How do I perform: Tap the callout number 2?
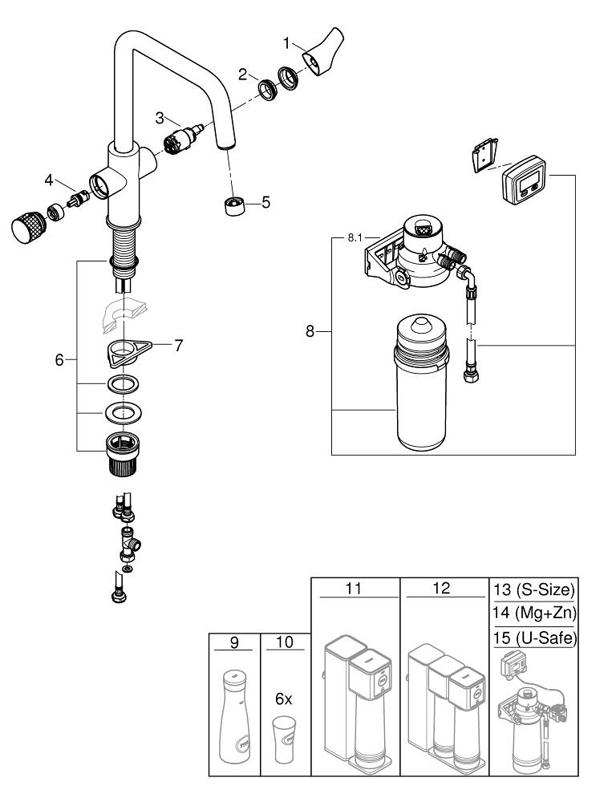tap(242, 75)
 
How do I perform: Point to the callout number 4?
tap(49, 178)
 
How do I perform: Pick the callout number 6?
tap(59, 361)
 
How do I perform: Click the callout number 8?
tap(310, 330)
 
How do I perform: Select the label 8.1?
tap(355, 237)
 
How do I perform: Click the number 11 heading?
tap(354, 589)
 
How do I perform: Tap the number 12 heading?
tap(442, 589)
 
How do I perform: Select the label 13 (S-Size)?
tap(533, 591)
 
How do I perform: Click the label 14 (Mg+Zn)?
tap(533, 614)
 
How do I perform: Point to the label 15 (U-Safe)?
tap(533, 637)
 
